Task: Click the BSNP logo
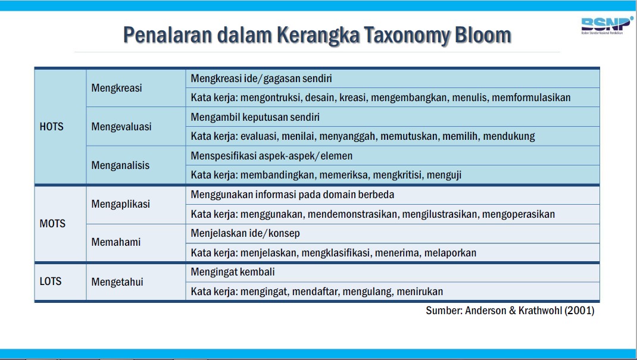607,26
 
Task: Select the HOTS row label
52,127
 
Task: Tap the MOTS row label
52,224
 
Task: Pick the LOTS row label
51,281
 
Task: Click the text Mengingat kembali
233,272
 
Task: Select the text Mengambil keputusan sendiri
255,117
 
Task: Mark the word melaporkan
450,253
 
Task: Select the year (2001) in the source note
579,311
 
